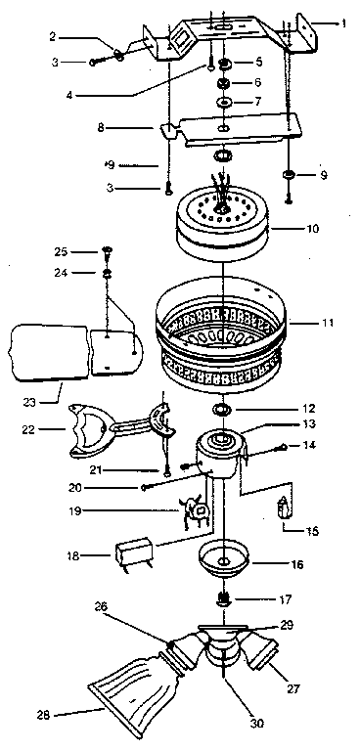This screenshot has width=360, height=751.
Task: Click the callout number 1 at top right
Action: [343, 23]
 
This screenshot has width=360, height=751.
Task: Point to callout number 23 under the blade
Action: [30, 403]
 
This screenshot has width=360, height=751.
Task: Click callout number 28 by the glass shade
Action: [45, 716]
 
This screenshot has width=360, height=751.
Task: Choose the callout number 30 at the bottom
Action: [257, 724]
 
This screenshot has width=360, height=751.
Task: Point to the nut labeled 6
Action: [223, 83]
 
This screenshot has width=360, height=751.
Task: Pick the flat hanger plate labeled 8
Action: [230, 129]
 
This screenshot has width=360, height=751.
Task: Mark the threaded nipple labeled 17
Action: [222, 599]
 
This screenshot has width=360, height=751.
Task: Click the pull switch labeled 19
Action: [196, 511]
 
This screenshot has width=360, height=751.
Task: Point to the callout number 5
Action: [257, 63]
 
